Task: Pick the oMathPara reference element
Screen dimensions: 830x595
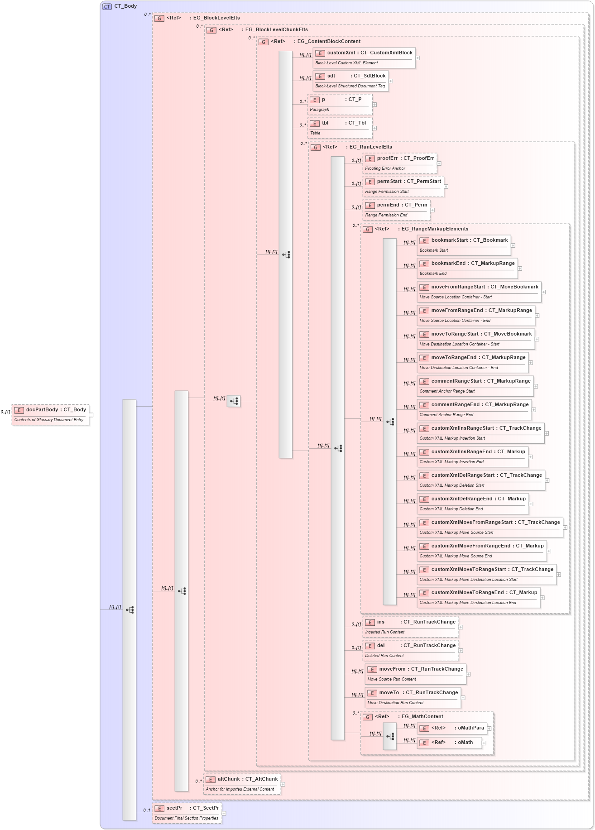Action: point(452,728)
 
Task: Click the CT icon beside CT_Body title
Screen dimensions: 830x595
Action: point(107,6)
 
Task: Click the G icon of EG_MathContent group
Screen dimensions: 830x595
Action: point(368,717)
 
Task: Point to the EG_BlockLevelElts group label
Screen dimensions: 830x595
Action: point(216,18)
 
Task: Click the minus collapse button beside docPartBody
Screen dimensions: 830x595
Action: point(91,415)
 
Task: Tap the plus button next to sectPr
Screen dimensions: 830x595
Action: point(224,813)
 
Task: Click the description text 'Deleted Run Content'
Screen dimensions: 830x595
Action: point(384,656)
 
